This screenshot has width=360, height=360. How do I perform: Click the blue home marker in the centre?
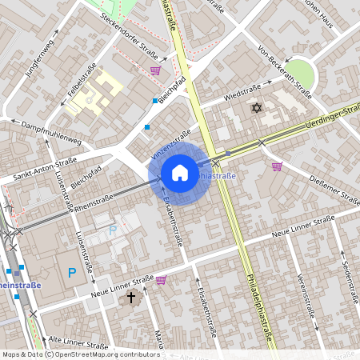[x=180, y=172]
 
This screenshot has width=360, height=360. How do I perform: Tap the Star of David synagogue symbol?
[x=257, y=108]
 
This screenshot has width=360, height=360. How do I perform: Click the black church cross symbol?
[x=132, y=298]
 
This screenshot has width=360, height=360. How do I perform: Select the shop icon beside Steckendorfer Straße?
[x=154, y=70]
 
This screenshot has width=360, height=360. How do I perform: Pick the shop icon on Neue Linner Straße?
[x=161, y=280]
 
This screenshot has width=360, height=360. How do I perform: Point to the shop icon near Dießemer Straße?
[x=277, y=166]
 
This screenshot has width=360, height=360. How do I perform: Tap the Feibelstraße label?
[x=82, y=84]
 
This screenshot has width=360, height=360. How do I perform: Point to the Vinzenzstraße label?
[x=170, y=144]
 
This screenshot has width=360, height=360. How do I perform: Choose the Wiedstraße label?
[x=221, y=98]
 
